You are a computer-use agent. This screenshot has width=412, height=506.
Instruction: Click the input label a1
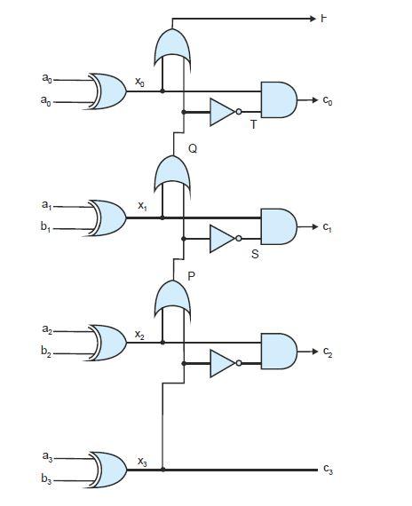click(46, 207)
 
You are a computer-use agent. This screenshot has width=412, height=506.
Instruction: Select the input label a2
click(46, 330)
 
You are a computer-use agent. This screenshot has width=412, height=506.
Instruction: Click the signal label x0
click(139, 82)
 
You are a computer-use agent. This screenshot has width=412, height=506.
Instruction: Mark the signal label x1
click(142, 205)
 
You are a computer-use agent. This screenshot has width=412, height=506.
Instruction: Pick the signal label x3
click(142, 460)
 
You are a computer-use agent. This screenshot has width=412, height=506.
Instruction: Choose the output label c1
click(328, 228)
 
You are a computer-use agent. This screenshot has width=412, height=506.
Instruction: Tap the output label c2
click(328, 352)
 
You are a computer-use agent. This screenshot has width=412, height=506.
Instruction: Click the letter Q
click(193, 149)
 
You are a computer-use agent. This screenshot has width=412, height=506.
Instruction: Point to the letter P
click(191, 276)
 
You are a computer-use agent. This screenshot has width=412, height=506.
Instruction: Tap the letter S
click(255, 254)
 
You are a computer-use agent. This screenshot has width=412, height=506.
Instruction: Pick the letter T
click(253, 125)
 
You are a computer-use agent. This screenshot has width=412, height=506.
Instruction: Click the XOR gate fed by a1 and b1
click(107, 217)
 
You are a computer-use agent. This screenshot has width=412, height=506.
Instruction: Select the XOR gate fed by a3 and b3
click(107, 469)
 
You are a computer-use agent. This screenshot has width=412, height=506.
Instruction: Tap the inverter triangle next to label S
click(223, 238)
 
